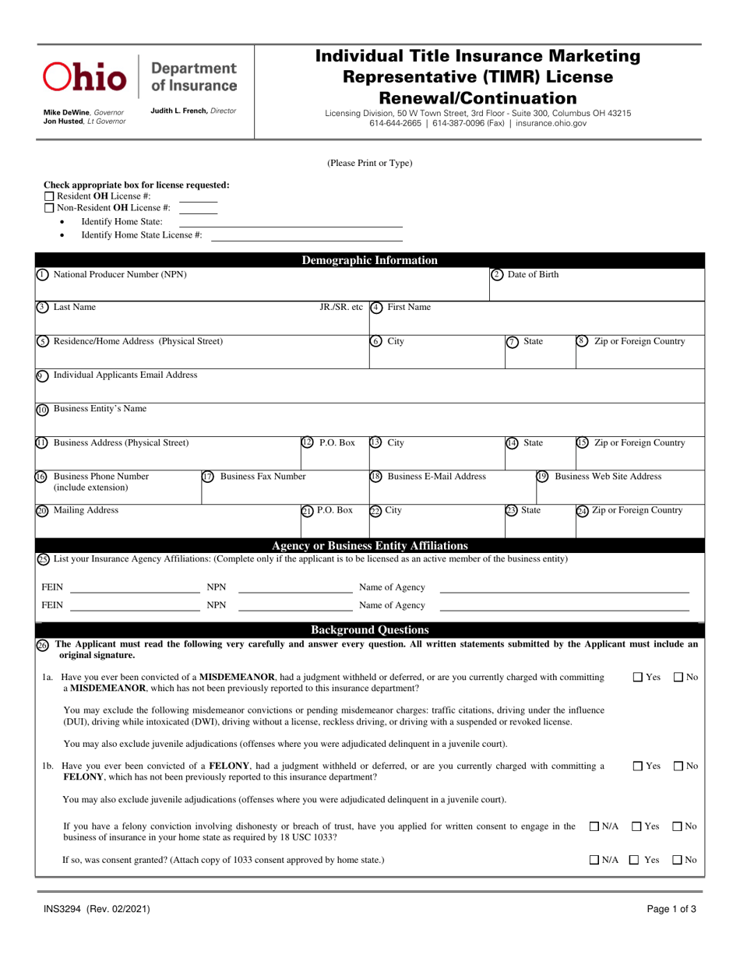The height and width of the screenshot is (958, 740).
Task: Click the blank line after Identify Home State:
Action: point(291,222)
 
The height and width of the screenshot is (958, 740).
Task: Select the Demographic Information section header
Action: point(369,260)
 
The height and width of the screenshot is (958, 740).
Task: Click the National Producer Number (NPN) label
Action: point(119,274)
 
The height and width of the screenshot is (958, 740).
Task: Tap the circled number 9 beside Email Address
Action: point(43,375)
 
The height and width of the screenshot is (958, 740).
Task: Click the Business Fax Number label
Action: point(263,476)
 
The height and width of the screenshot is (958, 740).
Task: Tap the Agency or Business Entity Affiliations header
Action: point(369,545)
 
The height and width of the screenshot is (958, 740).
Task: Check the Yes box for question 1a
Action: point(637,678)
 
